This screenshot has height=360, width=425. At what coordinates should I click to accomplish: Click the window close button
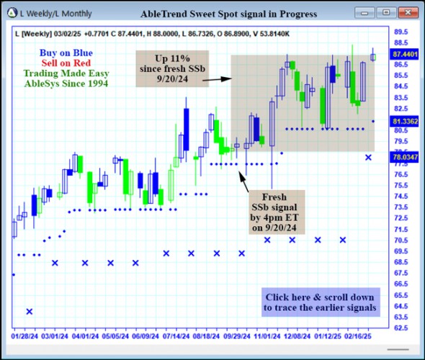(408, 12)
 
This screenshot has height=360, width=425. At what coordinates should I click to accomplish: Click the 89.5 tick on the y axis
(401, 32)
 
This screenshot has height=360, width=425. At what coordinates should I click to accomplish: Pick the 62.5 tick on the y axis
(401, 328)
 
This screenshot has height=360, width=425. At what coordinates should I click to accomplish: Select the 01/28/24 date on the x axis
(24, 336)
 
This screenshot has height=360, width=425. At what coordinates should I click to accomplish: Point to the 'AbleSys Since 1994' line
(66, 84)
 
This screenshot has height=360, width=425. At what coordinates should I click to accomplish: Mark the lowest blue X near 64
(30, 311)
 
